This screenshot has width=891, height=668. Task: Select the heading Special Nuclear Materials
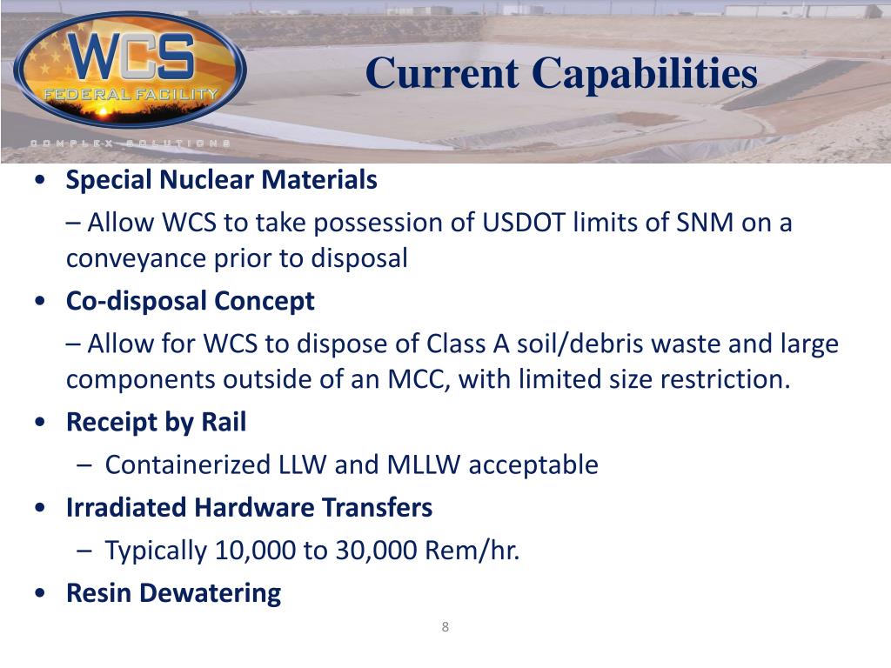(222, 181)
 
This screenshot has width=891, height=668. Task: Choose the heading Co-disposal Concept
(191, 302)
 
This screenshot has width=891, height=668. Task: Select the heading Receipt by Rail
(157, 423)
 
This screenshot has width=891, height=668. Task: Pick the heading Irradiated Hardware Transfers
(250, 508)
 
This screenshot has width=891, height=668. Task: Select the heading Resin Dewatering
(174, 593)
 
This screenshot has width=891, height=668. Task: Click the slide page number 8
(445, 628)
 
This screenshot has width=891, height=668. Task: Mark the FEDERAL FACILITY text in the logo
(131, 93)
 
